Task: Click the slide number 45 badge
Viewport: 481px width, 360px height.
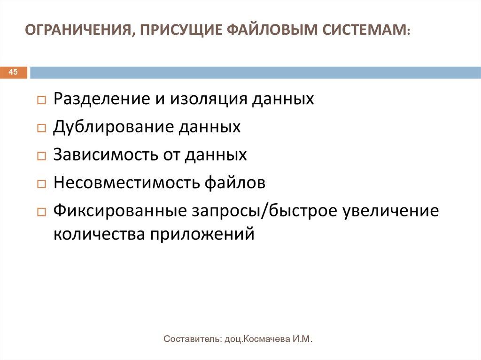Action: point(13,72)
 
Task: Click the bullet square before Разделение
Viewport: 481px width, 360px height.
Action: point(41,100)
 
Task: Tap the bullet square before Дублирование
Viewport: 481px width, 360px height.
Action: point(41,128)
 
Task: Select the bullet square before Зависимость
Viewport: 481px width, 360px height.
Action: point(41,156)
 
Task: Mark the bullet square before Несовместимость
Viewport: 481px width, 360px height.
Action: point(41,184)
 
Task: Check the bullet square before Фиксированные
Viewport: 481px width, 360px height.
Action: point(41,212)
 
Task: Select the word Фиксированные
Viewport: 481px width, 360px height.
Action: point(120,211)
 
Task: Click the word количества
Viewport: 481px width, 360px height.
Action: point(99,233)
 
